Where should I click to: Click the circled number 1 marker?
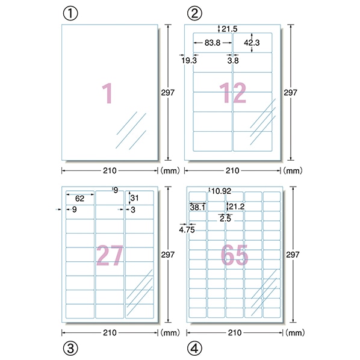tap(70, 14)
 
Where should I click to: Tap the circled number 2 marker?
tap(194, 14)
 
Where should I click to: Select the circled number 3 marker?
tap(70, 348)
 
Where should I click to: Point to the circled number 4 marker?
tap(194, 348)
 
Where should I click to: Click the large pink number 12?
tap(232, 93)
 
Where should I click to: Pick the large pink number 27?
tap(110, 255)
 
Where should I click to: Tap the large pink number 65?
tap(234, 255)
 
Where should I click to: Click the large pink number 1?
tap(107, 93)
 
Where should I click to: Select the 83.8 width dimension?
tap(213, 43)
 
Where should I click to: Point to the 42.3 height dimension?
tap(252, 43)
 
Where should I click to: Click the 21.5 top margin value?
tap(229, 29)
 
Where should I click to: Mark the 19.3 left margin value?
tap(189, 61)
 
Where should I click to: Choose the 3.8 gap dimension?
tap(233, 61)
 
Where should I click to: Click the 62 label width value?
tap(79, 199)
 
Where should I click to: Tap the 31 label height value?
tap(134, 198)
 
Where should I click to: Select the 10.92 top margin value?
tap(221, 191)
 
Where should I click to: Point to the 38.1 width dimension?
tap(197, 208)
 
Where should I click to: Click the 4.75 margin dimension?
tap(187, 230)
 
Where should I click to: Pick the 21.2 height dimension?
tap(237, 207)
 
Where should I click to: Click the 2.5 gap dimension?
tap(225, 219)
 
